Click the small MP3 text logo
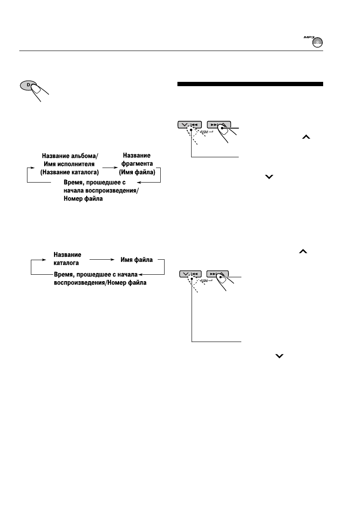click(x=310, y=38)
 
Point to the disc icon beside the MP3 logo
click(x=318, y=43)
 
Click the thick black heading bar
click(x=250, y=84)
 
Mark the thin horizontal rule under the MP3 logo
click(x=171, y=51)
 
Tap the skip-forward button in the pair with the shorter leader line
click(x=218, y=125)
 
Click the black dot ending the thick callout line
click(x=222, y=128)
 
